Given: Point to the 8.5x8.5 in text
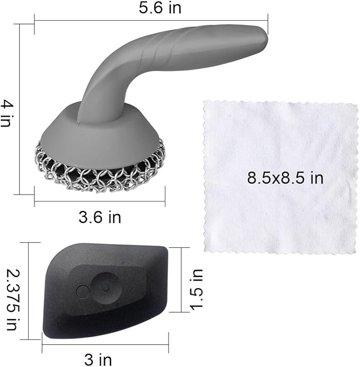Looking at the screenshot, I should (x=285, y=177).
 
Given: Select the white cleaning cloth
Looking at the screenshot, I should (x=281, y=212).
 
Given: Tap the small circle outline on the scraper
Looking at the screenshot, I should (x=82, y=291).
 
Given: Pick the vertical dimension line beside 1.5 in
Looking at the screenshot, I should (x=182, y=279).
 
